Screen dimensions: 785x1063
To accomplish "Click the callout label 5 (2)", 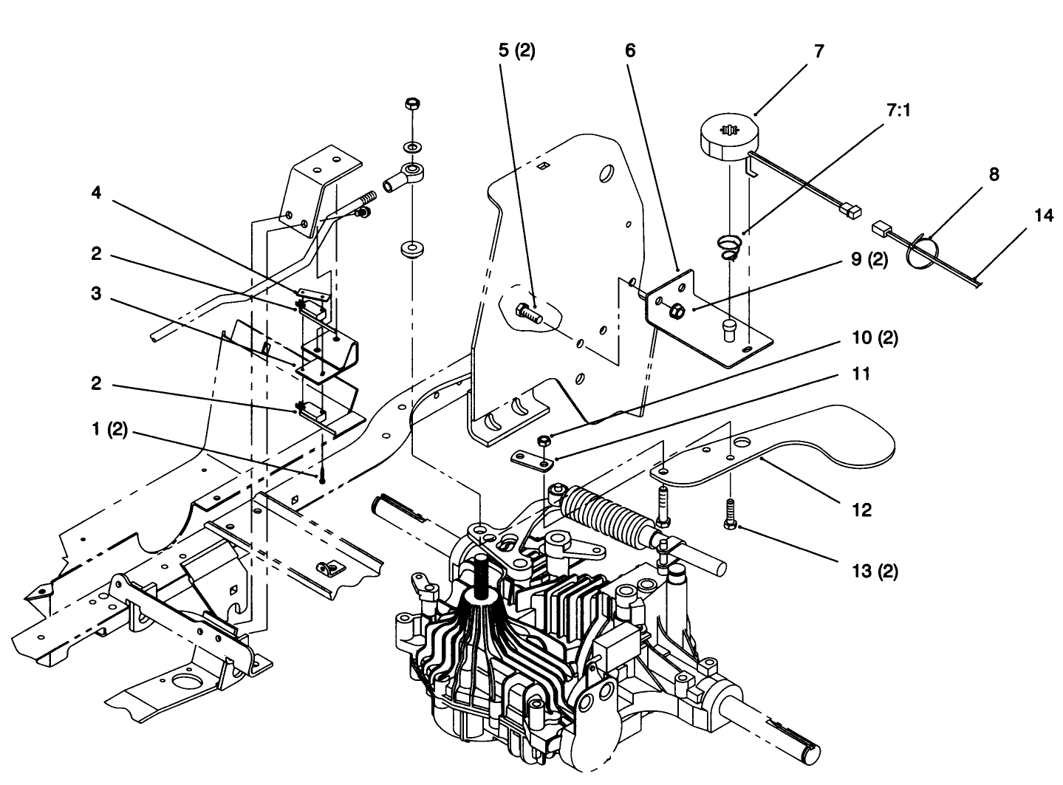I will click(516, 51).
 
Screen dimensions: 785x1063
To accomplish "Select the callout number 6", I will click(629, 51).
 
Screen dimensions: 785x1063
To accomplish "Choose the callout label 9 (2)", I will click(869, 260).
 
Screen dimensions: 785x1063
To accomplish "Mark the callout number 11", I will click(861, 374).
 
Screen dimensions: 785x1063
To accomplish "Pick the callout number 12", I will click(861, 510).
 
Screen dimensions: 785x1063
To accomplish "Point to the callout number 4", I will click(96, 193).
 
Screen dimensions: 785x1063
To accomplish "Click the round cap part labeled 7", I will click(727, 135).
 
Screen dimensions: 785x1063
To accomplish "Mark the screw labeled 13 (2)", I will click(728, 512).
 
